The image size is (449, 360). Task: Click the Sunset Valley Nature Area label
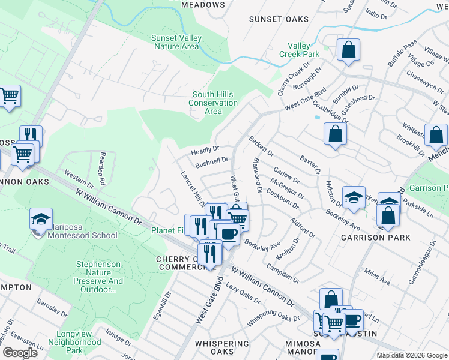[176, 42]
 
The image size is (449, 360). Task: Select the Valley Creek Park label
[299, 50]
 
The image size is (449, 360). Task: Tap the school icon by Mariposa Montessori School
[41, 220]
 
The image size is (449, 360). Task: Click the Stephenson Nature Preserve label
[100, 277]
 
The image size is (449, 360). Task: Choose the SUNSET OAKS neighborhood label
[279, 19]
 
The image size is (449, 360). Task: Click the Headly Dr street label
[205, 149]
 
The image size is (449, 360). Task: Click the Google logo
[20, 353]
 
